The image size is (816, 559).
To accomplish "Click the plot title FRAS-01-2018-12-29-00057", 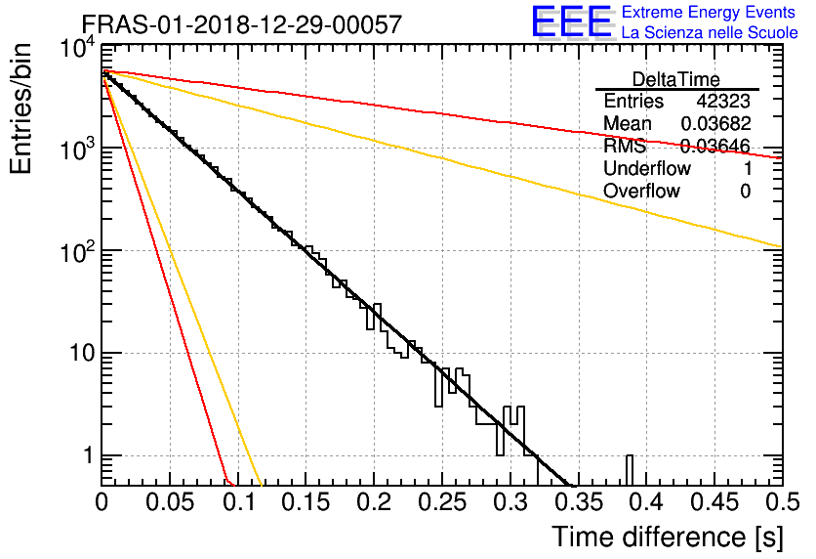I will (240, 24).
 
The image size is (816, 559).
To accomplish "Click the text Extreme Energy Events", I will (709, 13).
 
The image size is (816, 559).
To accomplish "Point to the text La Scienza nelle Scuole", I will (710, 33).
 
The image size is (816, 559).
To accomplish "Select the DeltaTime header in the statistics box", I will (675, 79).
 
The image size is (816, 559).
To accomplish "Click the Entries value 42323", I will (723, 102).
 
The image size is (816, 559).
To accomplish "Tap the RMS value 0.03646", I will (714, 147).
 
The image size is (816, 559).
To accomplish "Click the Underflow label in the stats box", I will (647, 169).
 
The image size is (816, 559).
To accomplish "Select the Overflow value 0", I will (745, 192).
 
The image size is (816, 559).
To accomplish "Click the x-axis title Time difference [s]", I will (666, 537).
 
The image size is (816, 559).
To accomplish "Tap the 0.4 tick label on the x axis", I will (644, 503).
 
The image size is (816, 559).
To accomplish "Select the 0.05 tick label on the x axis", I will (170, 503).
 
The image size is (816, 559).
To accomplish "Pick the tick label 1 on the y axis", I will (86, 455).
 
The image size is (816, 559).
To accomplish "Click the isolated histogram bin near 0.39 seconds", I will (630, 469).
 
